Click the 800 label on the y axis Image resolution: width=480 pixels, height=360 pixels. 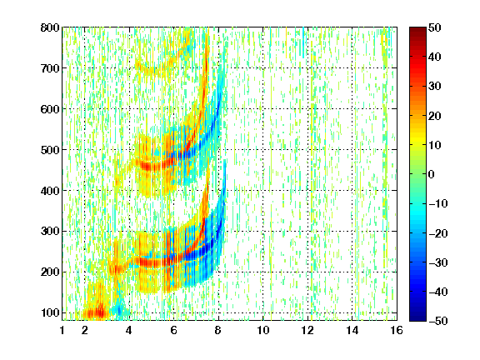[50, 27]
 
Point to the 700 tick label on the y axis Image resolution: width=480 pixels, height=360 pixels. [50, 68]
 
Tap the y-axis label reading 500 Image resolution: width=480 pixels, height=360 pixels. [50, 150]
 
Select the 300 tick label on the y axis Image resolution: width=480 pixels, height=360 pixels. [50, 231]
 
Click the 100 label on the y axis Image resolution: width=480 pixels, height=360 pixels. [50, 312]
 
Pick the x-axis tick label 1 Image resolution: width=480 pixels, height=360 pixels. [62, 330]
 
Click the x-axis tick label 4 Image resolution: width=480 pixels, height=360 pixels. [129, 330]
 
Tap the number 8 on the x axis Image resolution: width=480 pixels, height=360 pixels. [218, 330]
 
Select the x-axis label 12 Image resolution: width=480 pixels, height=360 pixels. [307, 330]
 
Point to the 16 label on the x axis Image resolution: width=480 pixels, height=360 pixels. [397, 330]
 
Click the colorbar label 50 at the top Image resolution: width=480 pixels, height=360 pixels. [435, 27]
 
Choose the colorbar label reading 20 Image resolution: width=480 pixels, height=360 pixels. [435, 116]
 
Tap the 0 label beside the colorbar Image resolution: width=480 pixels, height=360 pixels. [432, 174]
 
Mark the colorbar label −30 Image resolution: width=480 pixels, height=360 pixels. [438, 262]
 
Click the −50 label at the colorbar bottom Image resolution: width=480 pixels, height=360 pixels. [438, 321]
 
